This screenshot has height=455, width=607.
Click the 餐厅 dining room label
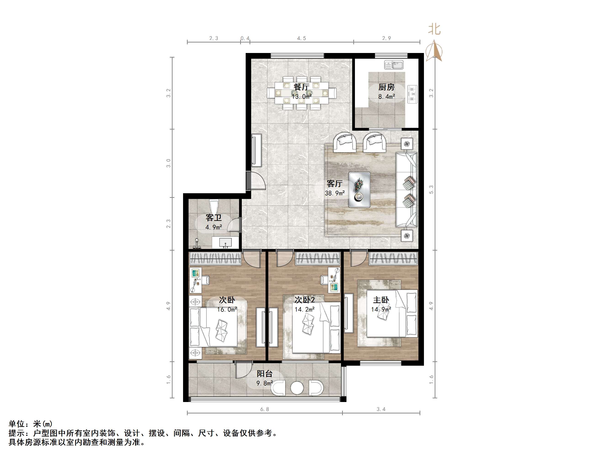click(301, 87)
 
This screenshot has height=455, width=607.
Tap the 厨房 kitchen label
click(386, 87)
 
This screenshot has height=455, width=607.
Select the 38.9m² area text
click(335, 193)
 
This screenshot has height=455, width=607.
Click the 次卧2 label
click(305, 300)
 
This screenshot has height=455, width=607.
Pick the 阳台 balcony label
click(264, 373)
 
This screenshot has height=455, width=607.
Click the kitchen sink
click(394, 65)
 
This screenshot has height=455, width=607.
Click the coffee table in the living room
click(359, 189)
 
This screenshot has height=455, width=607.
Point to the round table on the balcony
click(297, 388)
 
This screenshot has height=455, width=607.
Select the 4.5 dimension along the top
click(301, 38)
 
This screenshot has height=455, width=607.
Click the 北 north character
click(434, 29)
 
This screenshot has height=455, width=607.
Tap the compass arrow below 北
click(434, 51)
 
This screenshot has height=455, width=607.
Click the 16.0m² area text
click(227, 310)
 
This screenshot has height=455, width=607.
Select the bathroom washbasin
click(225, 243)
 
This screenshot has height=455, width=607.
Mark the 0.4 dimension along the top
click(245, 38)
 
